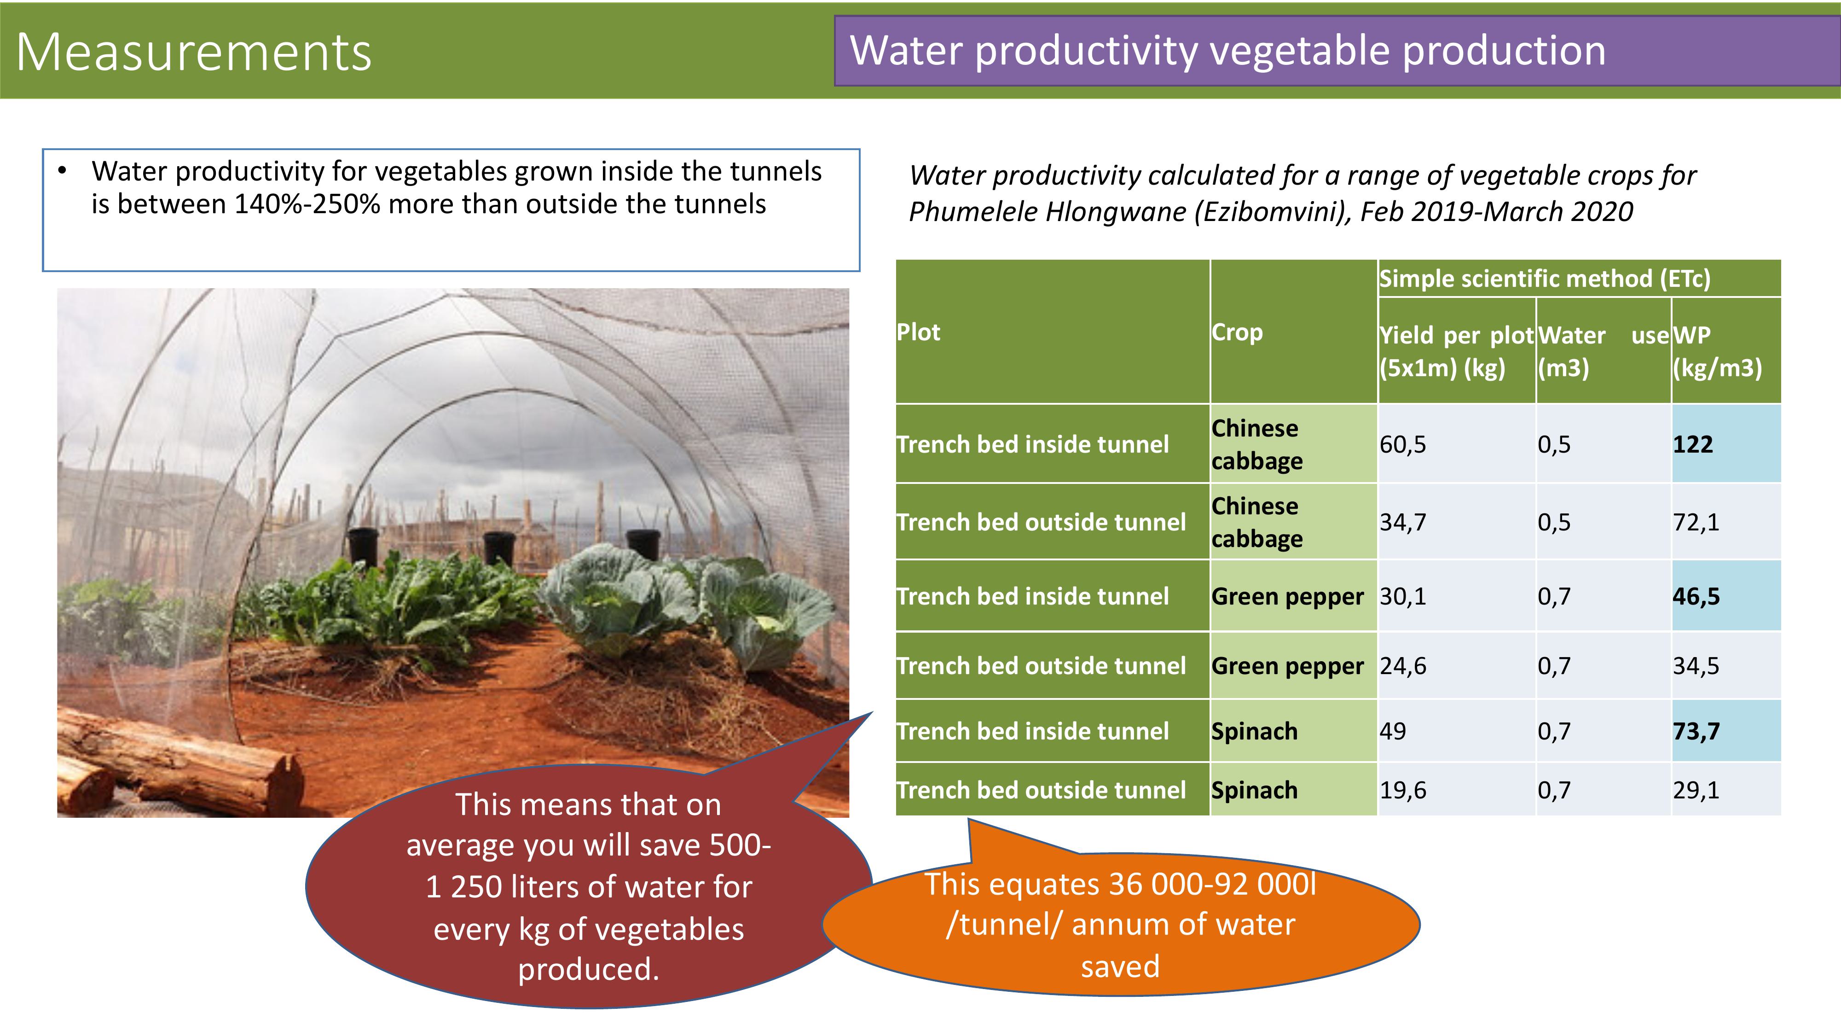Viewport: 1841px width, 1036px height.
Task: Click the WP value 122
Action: coord(1692,445)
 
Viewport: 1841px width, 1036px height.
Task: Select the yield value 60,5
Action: coord(1402,445)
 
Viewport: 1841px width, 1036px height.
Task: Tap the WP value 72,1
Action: coord(1696,523)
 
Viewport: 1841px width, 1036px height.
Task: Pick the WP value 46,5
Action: coord(1696,596)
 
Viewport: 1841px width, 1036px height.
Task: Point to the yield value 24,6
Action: coord(1402,666)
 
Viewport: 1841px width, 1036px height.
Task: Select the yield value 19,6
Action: coord(1402,790)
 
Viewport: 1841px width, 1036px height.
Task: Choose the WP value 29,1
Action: coord(1696,790)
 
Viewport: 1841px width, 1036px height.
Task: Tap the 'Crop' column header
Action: coord(1237,332)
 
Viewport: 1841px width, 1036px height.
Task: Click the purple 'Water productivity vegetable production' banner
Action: coord(1337,51)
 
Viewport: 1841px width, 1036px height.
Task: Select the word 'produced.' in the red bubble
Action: coord(588,970)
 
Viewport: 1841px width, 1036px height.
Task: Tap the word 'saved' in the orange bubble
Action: coord(1120,966)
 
